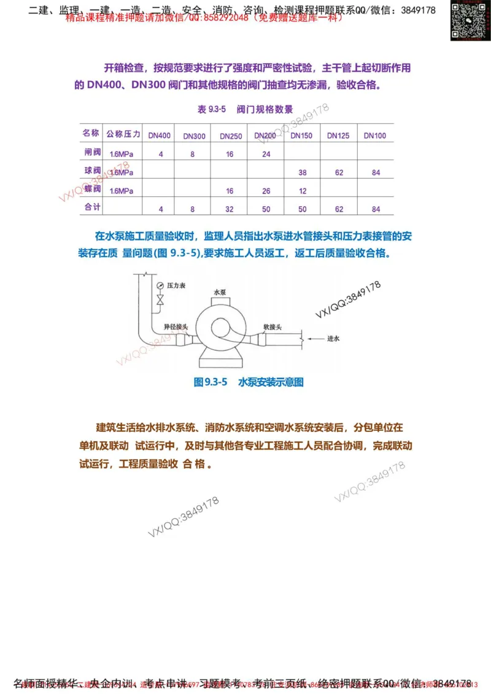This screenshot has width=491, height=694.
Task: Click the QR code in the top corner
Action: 470,21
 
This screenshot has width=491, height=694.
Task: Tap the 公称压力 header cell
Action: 123,134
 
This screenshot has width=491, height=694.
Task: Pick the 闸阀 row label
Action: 91,152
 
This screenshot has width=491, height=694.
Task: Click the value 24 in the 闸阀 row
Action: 266,155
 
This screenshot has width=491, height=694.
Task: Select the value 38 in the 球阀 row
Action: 302,173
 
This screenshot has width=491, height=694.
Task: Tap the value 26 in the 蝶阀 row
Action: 266,191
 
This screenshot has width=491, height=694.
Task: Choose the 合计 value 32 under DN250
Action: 230,209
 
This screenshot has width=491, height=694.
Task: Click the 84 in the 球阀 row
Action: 376,173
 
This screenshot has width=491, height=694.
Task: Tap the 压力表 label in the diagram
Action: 179,285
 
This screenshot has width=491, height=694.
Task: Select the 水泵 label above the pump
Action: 220,293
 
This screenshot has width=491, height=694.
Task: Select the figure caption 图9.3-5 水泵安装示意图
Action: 249,382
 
